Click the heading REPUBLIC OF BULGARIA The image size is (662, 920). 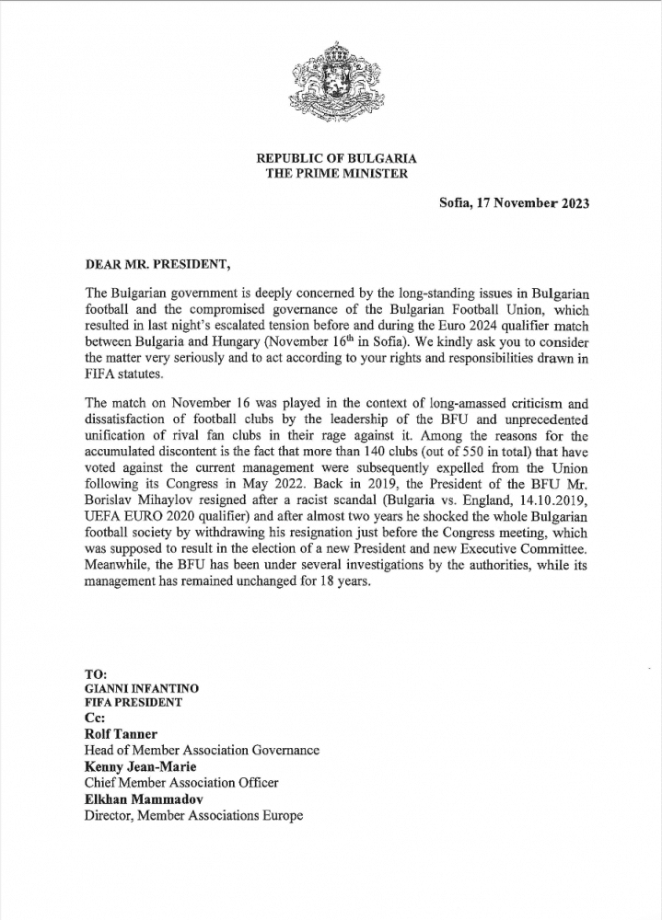point(331,158)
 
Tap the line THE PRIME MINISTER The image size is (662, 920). point(331,173)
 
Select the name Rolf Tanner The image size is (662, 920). point(122,734)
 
